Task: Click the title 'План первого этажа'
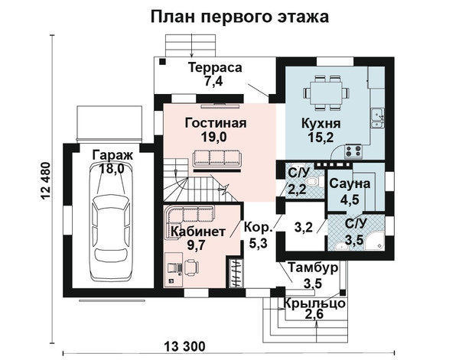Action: click(x=239, y=18)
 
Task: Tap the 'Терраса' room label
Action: click(x=215, y=67)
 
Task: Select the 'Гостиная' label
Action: click(x=216, y=123)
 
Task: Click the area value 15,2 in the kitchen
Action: click(x=321, y=137)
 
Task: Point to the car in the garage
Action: click(x=111, y=222)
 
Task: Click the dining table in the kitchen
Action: click(x=326, y=93)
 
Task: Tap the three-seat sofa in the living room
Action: click(x=217, y=158)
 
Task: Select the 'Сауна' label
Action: click(x=350, y=184)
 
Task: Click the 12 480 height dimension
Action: click(x=46, y=181)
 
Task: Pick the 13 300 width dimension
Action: click(x=184, y=347)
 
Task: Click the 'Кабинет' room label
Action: click(x=198, y=232)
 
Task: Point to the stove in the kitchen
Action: click(x=353, y=151)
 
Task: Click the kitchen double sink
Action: click(x=378, y=118)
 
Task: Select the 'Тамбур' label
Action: click(x=313, y=268)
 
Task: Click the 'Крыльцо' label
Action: click(x=314, y=304)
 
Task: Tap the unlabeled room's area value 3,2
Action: click(x=303, y=227)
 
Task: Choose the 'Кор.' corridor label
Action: click(x=259, y=228)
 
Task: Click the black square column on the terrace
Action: click(x=162, y=62)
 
